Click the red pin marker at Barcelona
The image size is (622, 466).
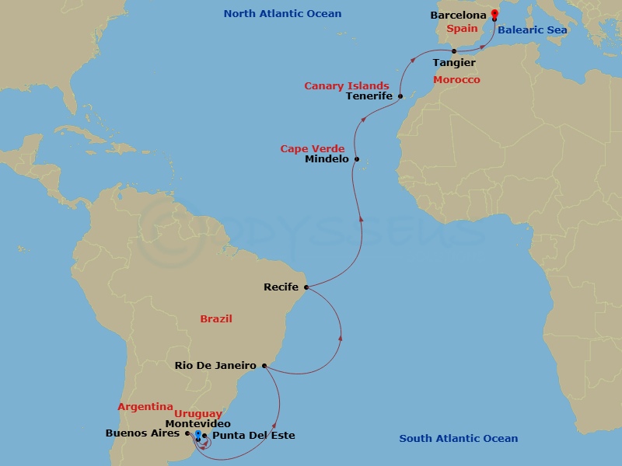(494, 14)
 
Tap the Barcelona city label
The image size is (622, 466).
(459, 16)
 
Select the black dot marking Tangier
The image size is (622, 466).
(454, 51)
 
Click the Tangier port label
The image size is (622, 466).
(454, 62)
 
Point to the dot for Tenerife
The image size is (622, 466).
(400, 96)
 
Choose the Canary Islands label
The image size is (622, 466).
(347, 85)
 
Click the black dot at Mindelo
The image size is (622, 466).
(357, 159)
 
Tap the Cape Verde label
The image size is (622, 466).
(313, 148)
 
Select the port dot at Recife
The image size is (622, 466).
(306, 287)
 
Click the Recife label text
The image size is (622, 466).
(281, 287)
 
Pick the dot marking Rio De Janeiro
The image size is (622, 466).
(264, 365)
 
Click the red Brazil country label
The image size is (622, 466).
(216, 318)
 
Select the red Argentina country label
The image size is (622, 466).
(145, 406)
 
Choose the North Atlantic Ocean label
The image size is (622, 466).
(282, 14)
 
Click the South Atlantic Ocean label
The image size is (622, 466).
(459, 439)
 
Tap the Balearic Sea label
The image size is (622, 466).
(533, 30)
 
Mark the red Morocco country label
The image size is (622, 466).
(456, 80)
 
